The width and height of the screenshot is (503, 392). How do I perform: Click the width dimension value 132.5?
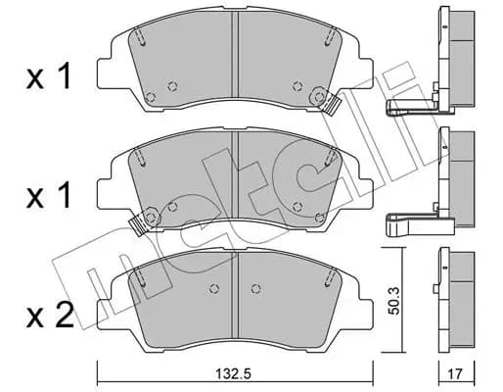click(x=233, y=373)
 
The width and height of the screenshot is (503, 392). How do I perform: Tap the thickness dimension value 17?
click(x=456, y=373)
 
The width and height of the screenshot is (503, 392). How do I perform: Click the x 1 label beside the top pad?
click(x=49, y=76)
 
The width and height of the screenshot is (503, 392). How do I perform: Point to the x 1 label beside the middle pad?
click(x=49, y=195)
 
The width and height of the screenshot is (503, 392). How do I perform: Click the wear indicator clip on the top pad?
click(x=330, y=105)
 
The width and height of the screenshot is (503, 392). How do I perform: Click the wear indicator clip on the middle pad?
click(x=139, y=226)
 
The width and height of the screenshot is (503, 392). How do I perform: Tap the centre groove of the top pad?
click(x=235, y=55)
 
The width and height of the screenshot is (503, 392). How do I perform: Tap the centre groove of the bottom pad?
click(x=235, y=295)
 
